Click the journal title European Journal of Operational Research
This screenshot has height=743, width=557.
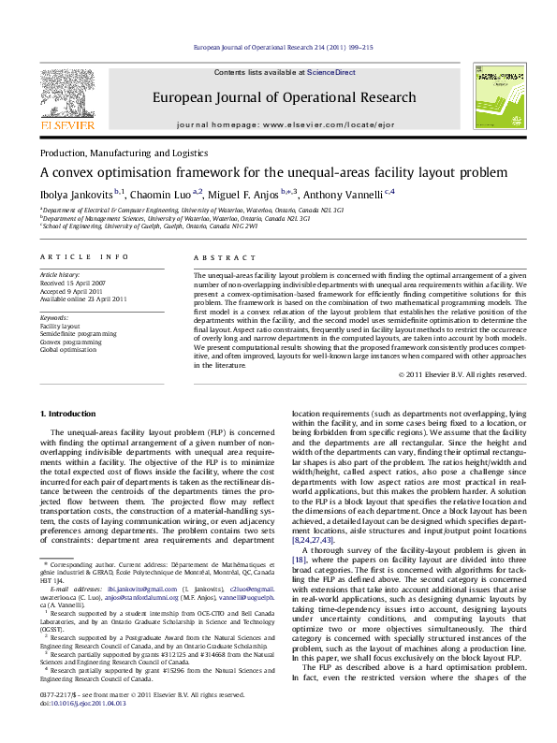coord(284,97)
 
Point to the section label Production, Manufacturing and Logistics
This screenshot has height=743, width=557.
coord(124,153)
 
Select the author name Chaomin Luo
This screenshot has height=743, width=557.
coord(165,193)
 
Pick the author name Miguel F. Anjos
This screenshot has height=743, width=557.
coord(243,193)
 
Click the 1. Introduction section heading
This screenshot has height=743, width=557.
coord(68,414)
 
